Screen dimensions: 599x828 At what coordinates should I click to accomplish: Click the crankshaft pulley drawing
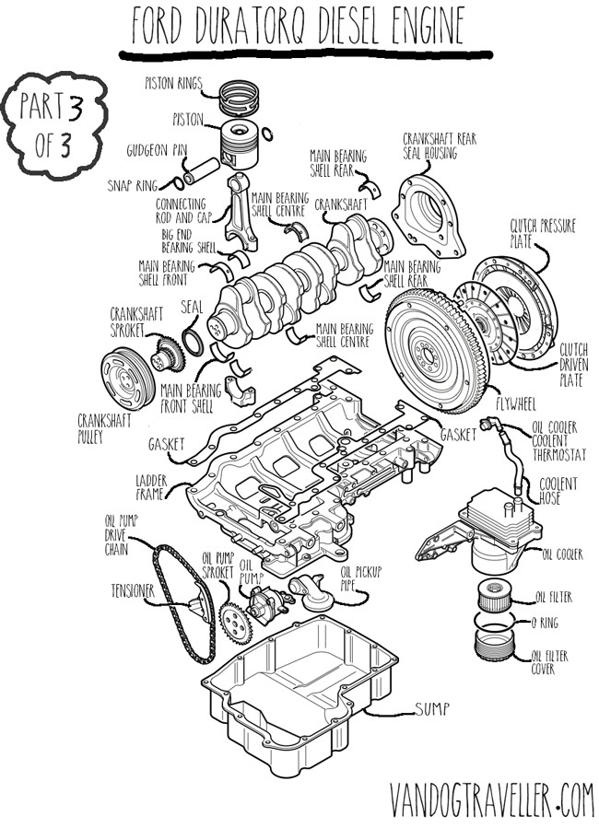pos(128,379)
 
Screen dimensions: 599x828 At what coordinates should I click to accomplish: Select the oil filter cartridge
pos(495,595)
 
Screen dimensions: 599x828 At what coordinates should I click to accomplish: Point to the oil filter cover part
pos(495,647)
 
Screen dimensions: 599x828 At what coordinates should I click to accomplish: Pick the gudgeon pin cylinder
pos(201,170)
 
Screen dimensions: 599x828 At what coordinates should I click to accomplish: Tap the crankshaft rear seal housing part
pos(428,216)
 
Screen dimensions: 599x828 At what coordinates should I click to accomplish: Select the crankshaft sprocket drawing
pos(168,356)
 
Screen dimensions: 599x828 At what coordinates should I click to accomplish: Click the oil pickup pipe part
pos(311,593)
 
